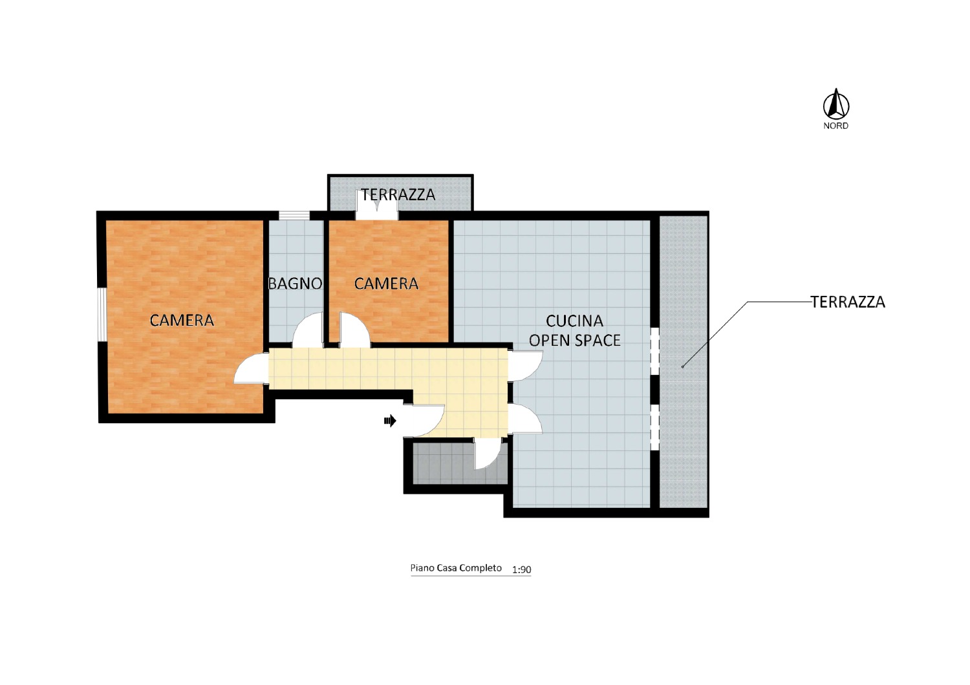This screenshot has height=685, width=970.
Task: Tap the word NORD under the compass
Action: [x=835, y=126]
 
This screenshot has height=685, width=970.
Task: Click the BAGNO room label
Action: [x=296, y=284]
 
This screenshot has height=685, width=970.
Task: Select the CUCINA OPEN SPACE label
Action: [x=575, y=331]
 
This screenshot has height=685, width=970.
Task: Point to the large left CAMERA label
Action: [x=182, y=321]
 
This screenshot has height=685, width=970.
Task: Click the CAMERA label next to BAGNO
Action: [x=386, y=284]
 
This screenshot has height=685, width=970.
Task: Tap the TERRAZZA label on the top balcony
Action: [x=398, y=195]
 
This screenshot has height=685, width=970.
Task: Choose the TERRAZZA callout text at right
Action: [x=848, y=302]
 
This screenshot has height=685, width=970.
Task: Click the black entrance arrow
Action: [x=390, y=420]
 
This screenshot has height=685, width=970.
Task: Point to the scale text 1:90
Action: [x=521, y=569]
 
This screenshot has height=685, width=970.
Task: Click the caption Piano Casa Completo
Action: [x=456, y=568]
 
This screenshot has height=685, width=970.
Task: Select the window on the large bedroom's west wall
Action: [x=102, y=314]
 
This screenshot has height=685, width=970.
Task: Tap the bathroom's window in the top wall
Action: [x=294, y=215]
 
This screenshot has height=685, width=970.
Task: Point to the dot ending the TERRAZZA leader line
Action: [x=682, y=367]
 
